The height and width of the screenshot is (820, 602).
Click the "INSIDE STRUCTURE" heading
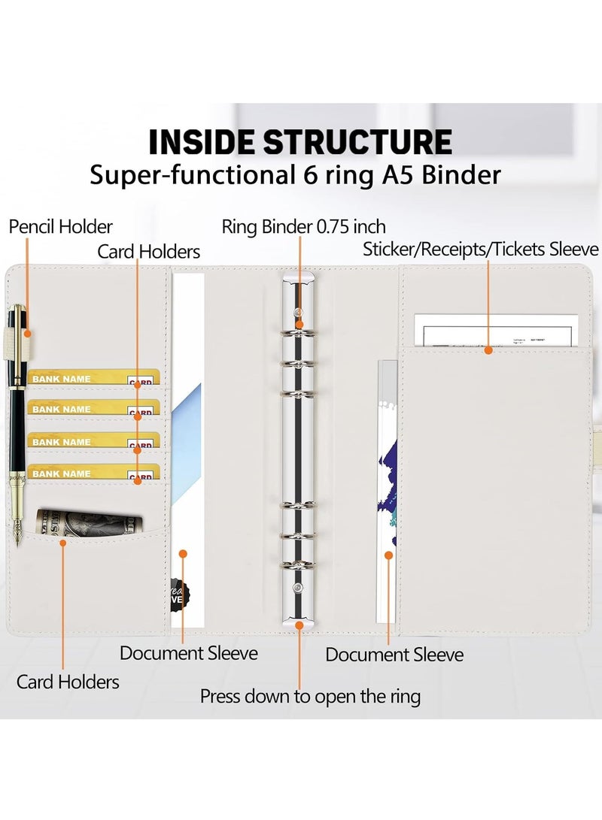300,141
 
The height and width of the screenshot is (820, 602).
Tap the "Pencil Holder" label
61,226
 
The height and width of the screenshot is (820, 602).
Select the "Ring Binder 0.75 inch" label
303,226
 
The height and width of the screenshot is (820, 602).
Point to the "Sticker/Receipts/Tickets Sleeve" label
481,249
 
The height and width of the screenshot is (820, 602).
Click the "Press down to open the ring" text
310,696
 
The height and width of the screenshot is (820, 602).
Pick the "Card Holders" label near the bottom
68,682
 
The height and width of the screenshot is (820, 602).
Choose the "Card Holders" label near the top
148,251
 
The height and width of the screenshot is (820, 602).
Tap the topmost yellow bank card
93,377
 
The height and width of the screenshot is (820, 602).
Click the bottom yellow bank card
93,473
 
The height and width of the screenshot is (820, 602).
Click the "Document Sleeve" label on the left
188,652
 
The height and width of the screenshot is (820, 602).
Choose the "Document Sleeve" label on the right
394,655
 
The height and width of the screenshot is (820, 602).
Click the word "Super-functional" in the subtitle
184,175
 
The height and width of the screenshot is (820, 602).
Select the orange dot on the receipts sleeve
488,349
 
